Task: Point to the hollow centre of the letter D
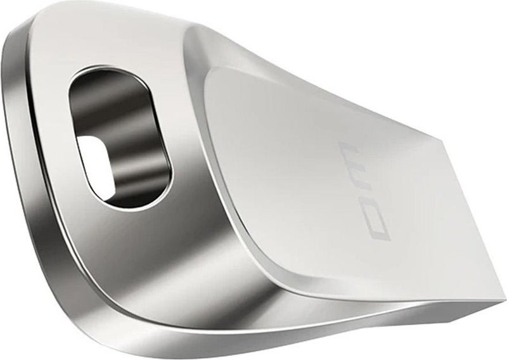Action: [378, 226]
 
